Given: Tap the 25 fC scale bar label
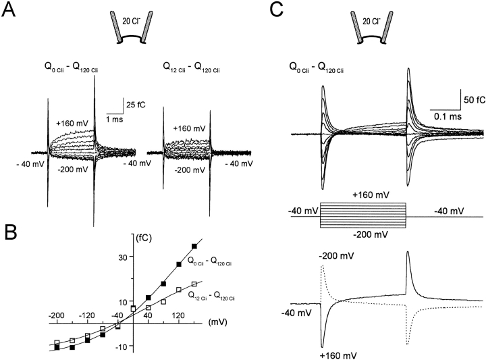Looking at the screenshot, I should (135, 103).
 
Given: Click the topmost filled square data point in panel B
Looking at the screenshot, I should (195, 246).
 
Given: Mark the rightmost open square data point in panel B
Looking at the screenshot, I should (194, 284).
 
